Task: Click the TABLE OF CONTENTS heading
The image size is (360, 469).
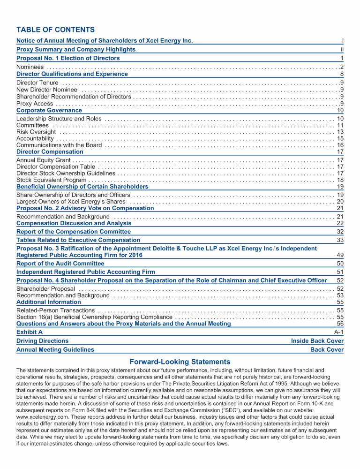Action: [55, 30]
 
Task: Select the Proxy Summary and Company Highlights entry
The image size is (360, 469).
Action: [76, 49]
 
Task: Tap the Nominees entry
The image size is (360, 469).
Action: [30, 68]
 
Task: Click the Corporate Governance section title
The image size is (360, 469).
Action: [49, 110]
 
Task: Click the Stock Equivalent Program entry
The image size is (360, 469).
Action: [51, 180]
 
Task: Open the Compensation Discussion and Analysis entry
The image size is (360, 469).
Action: [74, 223]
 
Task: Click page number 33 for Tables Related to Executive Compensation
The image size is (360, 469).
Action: [340, 240]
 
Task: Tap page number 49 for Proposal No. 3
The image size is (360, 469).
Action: [340, 255]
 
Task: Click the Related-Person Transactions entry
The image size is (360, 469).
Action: [56, 310]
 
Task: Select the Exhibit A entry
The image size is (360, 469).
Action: [29, 332]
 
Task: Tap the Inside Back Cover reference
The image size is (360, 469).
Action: [317, 341]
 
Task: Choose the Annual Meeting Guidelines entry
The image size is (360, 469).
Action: [55, 349]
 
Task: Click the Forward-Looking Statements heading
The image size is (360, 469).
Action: [180, 362]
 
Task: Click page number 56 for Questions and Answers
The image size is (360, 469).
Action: [340, 323]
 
